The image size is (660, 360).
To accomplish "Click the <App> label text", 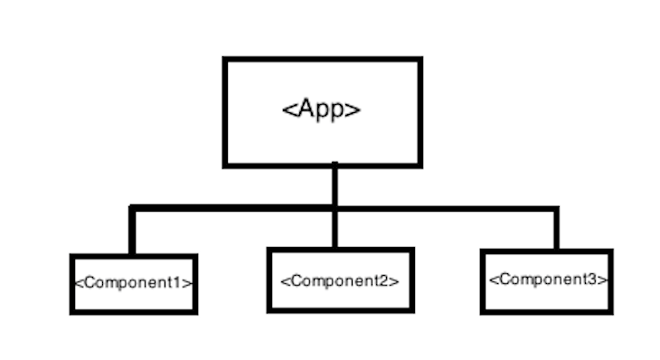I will tap(322, 109).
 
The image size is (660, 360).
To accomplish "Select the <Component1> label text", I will tap(133, 282).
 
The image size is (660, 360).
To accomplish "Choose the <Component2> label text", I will tap(340, 280).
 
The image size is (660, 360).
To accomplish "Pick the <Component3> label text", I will tap(548, 279).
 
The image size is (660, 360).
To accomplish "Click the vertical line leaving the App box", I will tap(335, 185).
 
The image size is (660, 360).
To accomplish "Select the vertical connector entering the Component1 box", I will tap(132, 233).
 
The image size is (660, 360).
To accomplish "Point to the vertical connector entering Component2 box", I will tap(335, 230).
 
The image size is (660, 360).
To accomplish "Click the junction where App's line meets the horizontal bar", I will tap(335, 209).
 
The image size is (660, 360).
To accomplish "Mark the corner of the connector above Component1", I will tap(132, 209).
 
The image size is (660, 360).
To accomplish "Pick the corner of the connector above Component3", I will tap(555, 209).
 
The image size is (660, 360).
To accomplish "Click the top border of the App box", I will tap(322, 60).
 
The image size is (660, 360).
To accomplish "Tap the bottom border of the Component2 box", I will tap(340, 309).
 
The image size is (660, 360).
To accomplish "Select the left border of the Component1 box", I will tap(72, 284).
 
